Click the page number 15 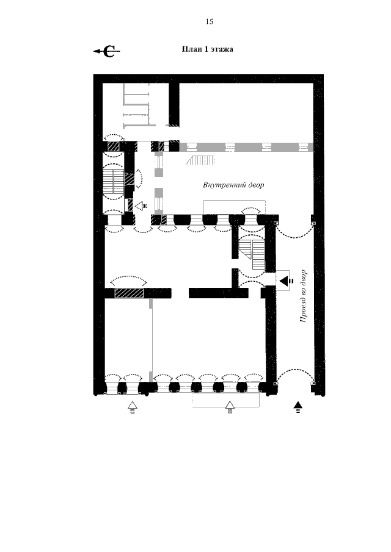[210, 22]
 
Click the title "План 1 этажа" [207, 49]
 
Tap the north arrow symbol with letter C [107, 51]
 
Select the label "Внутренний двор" [233, 185]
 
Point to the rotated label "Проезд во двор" [303, 296]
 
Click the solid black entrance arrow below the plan [298, 406]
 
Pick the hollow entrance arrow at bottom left [132, 407]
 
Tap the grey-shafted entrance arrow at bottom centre [230, 407]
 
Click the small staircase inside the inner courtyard [200, 160]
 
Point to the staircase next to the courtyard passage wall [252, 254]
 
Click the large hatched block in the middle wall [129, 293]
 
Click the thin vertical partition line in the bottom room [152, 340]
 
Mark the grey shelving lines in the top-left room [136, 104]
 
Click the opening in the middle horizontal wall [180, 293]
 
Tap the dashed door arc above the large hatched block [129, 278]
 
